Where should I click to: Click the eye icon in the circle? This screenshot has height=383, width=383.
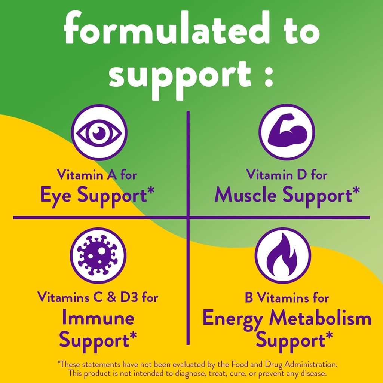click(x=99, y=132)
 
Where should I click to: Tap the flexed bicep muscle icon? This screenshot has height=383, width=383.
click(x=287, y=132)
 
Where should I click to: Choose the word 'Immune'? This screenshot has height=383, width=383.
click(x=98, y=318)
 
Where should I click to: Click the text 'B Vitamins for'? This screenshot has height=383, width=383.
click(x=287, y=298)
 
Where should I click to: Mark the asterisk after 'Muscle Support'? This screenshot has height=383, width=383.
click(x=356, y=191)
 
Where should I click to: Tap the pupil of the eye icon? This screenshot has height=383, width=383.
click(x=98, y=132)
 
